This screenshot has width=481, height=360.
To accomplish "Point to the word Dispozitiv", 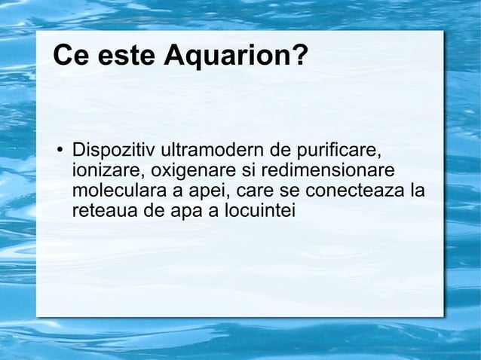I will tap(109, 146).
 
